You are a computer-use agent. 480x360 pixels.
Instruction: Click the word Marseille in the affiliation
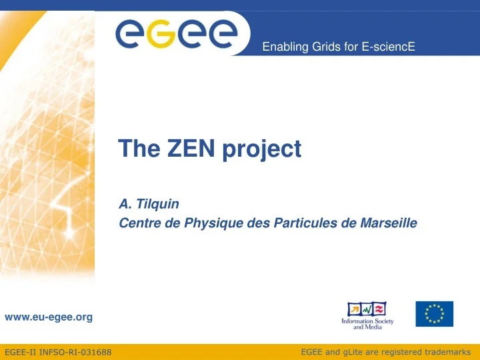[x=389, y=223]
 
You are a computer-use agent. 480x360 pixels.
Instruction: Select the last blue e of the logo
[x=221, y=34]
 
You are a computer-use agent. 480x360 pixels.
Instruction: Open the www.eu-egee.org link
[x=48, y=317]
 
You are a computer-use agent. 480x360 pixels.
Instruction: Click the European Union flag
[x=434, y=314]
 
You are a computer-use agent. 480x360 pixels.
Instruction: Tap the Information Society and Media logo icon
[x=367, y=309]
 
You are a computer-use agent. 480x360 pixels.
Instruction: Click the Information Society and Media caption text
[x=367, y=324]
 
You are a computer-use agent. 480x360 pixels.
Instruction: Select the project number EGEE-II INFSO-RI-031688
[x=58, y=351]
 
